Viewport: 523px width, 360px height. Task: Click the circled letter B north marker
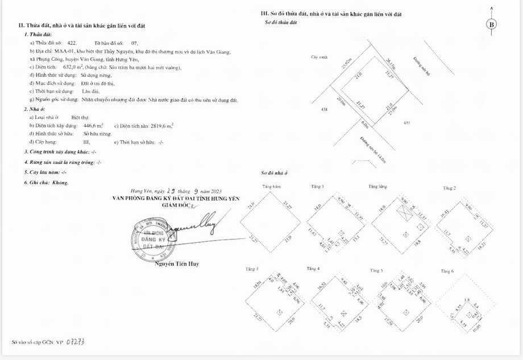[x=492, y=24]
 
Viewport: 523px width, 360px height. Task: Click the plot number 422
[x=72, y=43]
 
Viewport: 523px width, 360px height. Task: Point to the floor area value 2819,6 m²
[x=161, y=125]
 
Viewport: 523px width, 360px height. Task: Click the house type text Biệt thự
[x=88, y=117]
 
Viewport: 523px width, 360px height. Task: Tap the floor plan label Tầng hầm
[x=272, y=187]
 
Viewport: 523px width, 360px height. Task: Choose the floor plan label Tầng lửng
[x=377, y=187]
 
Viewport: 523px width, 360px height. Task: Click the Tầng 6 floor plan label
[x=449, y=271]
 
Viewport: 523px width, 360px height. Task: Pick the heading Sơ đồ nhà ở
[x=275, y=172]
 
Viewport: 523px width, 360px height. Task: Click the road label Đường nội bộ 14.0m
[x=368, y=149]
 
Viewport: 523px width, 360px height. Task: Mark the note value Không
[x=60, y=183]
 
